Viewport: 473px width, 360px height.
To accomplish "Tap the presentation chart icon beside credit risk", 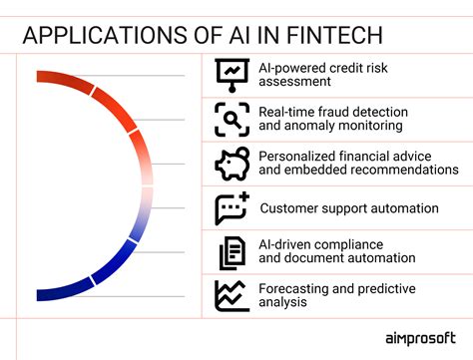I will tap(232, 74).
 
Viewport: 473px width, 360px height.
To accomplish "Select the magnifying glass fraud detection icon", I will tap(232, 119).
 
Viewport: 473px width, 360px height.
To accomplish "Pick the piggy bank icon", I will tap(232, 163).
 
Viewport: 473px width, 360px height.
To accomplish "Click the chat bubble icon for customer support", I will tap(232, 207).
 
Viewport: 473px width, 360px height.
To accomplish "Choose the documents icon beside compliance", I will tap(232, 251).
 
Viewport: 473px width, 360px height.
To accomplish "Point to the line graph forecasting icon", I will tap(232, 295).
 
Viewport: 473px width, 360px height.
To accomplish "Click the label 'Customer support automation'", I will tap(348, 208).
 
